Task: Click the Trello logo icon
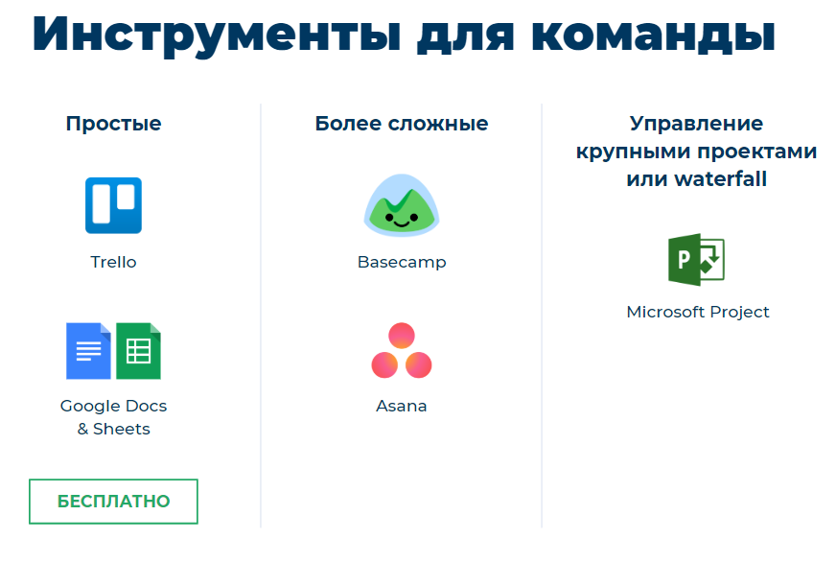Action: tap(113, 205)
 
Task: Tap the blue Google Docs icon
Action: tap(88, 351)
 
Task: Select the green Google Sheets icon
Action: tap(138, 351)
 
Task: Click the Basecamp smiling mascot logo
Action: tap(402, 205)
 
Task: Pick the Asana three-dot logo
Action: tap(402, 350)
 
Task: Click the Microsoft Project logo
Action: tap(696, 260)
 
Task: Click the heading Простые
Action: tap(113, 124)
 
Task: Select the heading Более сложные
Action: tap(402, 124)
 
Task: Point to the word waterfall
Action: tap(720, 178)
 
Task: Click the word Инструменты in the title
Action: tap(217, 35)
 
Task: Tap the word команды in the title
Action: tap(653, 35)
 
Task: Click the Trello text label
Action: tap(113, 262)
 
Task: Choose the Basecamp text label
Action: tap(402, 263)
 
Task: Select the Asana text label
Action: tap(402, 406)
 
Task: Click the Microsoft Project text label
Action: tap(698, 312)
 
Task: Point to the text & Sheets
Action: tap(113, 429)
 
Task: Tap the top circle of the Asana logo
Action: tap(402, 336)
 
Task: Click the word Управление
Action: tap(696, 124)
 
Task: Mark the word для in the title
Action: tap(465, 38)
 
